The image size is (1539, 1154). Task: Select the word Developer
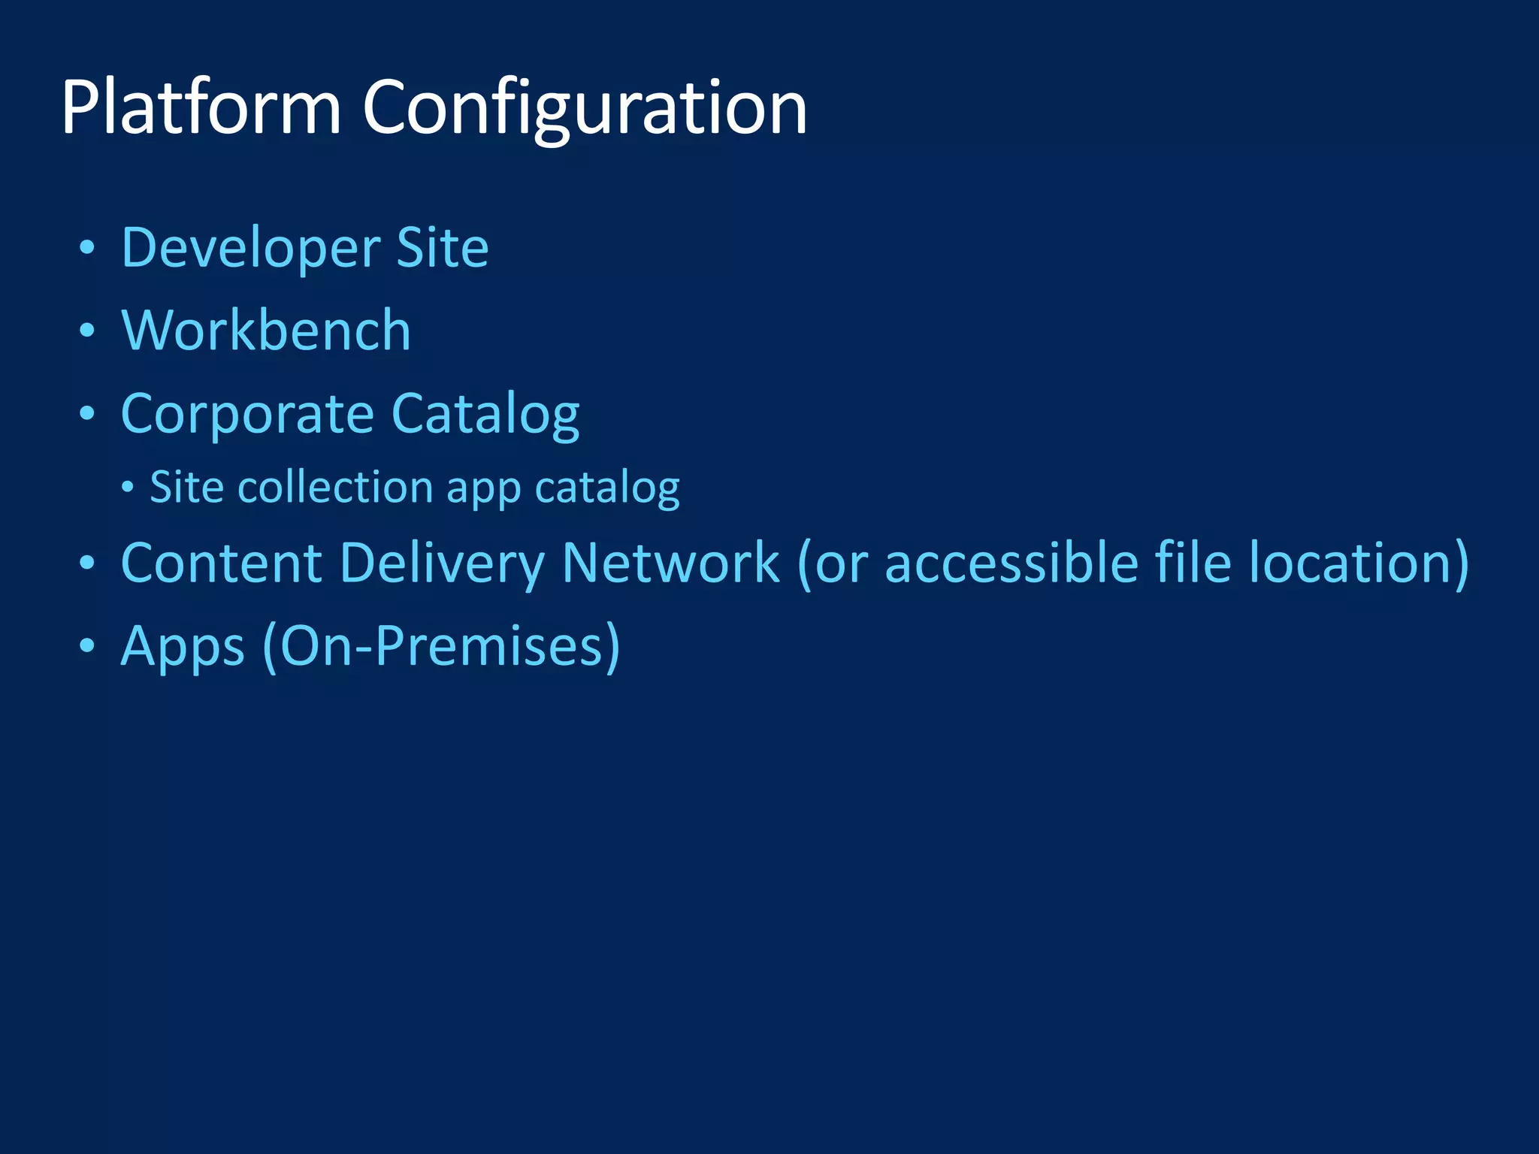tap(251, 248)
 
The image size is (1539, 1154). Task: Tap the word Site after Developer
tap(443, 248)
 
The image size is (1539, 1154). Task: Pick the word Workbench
tap(266, 331)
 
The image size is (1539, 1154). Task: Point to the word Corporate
tap(247, 414)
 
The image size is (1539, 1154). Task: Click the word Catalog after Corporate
tap(485, 414)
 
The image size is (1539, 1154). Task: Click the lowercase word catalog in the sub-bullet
tap(607, 488)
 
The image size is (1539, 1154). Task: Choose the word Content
tap(221, 563)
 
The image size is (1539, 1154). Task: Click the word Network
tap(671, 563)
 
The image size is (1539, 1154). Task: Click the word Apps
tap(183, 646)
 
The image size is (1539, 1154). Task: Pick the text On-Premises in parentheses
tap(442, 646)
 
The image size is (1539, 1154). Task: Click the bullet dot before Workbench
tap(88, 331)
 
